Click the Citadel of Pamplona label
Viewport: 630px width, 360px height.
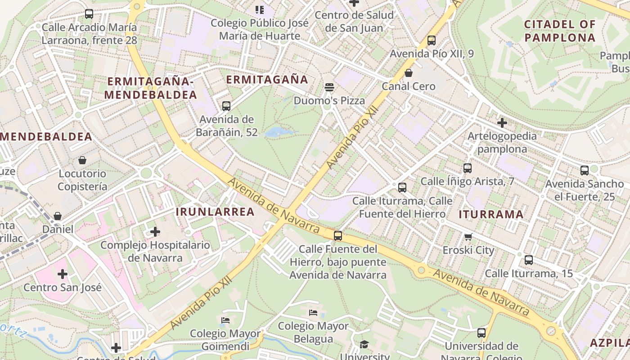point(560,31)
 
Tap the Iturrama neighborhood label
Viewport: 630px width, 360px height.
point(491,215)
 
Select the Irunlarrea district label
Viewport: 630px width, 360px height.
point(215,212)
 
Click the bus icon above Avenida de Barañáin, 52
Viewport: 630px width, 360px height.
point(226,106)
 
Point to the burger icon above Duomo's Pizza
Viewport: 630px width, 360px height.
point(329,87)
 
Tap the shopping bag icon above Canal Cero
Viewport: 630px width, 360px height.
point(409,73)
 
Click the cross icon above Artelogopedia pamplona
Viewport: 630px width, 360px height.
point(502,122)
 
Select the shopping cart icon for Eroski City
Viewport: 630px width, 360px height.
point(468,237)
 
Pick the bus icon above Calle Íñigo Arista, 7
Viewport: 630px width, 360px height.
point(468,168)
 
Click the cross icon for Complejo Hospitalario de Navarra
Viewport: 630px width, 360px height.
point(155,232)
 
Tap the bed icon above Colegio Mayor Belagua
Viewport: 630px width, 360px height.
point(313,312)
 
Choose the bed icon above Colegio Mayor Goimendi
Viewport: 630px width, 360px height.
point(225,320)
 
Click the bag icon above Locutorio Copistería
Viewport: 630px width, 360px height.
point(82,160)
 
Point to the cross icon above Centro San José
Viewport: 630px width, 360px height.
point(63,274)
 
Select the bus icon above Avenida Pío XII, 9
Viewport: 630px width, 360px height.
point(432,40)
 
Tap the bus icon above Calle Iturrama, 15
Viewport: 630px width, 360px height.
point(529,260)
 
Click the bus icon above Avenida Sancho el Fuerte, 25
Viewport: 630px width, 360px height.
point(585,171)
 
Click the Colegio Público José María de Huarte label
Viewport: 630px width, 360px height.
point(260,29)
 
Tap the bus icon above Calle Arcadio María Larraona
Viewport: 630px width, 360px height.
point(89,14)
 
